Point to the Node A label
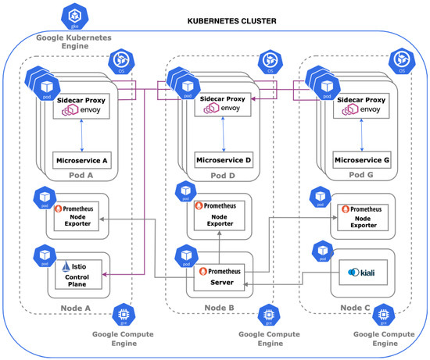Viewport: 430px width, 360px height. pyautogui.click(x=76, y=307)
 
